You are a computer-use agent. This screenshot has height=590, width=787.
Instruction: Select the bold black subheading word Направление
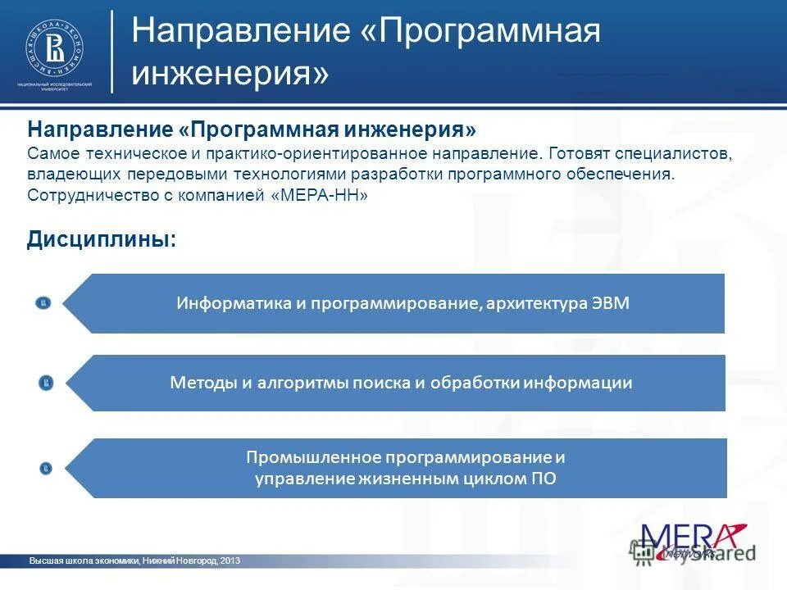[100, 131]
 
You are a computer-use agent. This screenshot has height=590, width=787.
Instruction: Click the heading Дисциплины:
[102, 239]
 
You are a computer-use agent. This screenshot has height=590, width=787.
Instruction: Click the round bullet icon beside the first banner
[43, 303]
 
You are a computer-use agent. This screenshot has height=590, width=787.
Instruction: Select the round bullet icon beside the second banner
[46, 383]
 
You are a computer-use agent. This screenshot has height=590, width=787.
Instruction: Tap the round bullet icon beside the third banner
[46, 468]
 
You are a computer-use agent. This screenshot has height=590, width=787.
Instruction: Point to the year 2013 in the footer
[230, 560]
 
